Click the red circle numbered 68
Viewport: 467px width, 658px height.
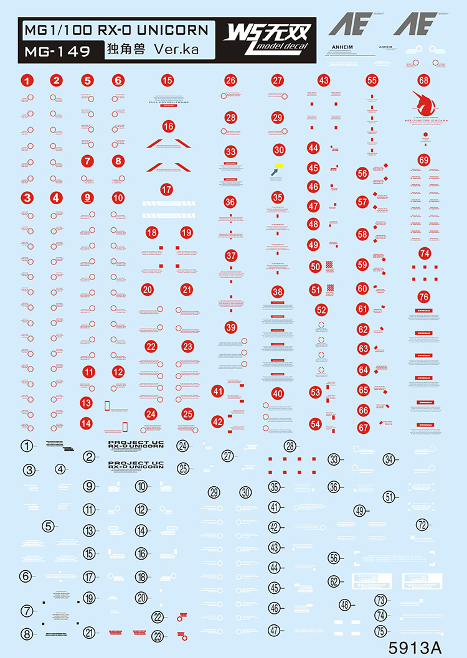[x=424, y=80]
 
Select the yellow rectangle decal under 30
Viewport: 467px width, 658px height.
[x=278, y=166]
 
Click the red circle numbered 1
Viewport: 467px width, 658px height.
[x=26, y=80]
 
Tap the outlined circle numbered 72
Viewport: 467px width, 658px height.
[x=423, y=525]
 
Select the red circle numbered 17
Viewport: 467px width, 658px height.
[x=166, y=190]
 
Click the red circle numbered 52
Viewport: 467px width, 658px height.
[x=321, y=309]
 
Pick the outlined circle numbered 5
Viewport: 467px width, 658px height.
[x=49, y=526]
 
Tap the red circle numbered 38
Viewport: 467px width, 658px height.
[x=278, y=292]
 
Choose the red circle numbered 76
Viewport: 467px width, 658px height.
[x=424, y=296]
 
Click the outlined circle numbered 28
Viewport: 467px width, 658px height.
[x=290, y=446]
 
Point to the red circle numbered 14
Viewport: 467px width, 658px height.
[x=87, y=423]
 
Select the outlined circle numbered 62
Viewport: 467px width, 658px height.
[x=334, y=581]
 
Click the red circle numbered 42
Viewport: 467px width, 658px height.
[x=217, y=421]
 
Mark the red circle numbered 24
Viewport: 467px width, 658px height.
[x=151, y=413]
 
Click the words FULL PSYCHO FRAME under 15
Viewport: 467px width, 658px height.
[x=166, y=102]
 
